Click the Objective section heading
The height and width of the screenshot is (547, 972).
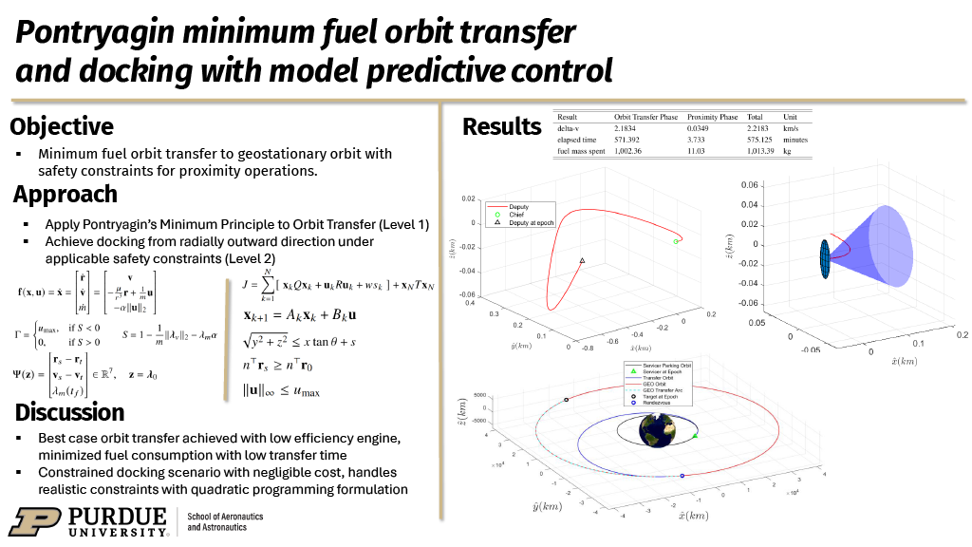pos(62,126)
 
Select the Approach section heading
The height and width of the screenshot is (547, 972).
pos(65,195)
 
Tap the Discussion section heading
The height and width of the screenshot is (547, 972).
pos(69,412)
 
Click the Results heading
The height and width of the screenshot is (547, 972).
pos(501,126)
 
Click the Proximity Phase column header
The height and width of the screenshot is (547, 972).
pos(712,117)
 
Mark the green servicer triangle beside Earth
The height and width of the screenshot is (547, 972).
pos(696,435)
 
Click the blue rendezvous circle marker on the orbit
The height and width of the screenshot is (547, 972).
pos(682,475)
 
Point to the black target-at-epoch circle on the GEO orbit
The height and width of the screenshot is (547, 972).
pos(566,400)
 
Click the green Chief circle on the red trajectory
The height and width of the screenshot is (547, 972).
pos(676,241)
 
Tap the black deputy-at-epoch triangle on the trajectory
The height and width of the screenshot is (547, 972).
pos(582,260)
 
